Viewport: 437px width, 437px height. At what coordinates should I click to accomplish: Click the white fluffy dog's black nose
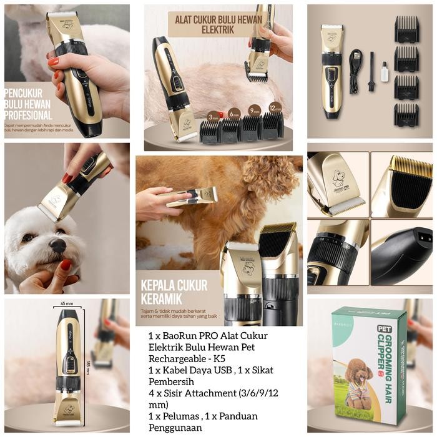coord(57,245)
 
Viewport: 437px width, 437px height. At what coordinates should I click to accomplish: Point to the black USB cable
coord(355,71)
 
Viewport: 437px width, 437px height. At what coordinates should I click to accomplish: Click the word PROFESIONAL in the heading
coord(28,115)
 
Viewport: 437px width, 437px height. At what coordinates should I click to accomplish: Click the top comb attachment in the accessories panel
coord(406,28)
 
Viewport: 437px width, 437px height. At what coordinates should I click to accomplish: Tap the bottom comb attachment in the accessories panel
coord(406,114)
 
